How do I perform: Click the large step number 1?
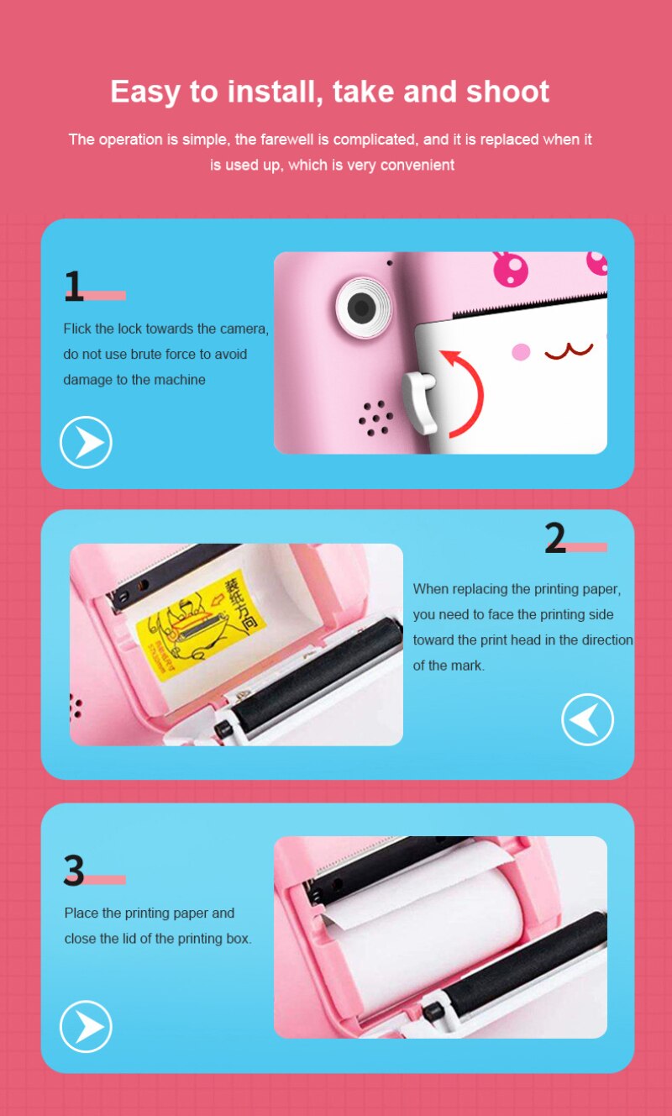[x=74, y=287]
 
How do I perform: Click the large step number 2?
[x=555, y=539]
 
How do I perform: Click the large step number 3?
[x=74, y=871]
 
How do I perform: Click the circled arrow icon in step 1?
[x=86, y=442]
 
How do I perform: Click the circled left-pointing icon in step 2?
[x=587, y=719]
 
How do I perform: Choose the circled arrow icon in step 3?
[x=86, y=1026]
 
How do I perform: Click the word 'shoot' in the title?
[x=505, y=92]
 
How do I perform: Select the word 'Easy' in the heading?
[x=143, y=92]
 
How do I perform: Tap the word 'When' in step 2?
[x=431, y=589]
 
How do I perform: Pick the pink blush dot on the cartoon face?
[x=521, y=352]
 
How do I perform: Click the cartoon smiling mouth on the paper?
[x=569, y=350]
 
